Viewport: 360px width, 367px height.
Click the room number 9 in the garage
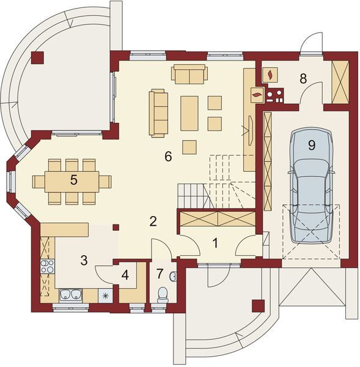coord(312,146)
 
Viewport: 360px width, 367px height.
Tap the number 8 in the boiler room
coord(303,79)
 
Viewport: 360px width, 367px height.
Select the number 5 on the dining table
coord(73,180)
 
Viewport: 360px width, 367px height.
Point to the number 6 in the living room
coord(168,157)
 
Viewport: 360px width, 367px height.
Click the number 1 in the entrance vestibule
coord(215,243)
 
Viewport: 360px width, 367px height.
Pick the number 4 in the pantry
coord(125,275)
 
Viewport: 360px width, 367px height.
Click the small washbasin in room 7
coord(174,276)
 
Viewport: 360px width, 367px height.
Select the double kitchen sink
coord(71,295)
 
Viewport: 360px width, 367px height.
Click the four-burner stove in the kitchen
coord(48,266)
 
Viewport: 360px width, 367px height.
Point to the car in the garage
coord(311,186)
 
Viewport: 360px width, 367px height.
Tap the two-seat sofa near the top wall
coord(189,75)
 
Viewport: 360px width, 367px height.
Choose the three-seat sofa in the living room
coord(158,113)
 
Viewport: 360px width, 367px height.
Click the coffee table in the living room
coord(189,113)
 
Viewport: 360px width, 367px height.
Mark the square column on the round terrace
coord(37,57)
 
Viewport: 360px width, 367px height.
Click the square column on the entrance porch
coord(259,306)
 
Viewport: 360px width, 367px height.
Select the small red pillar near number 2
coord(116,228)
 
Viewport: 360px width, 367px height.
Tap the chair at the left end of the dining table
coord(39,182)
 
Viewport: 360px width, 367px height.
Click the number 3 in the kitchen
coord(84,261)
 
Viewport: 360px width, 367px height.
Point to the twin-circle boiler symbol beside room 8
coord(274,96)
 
